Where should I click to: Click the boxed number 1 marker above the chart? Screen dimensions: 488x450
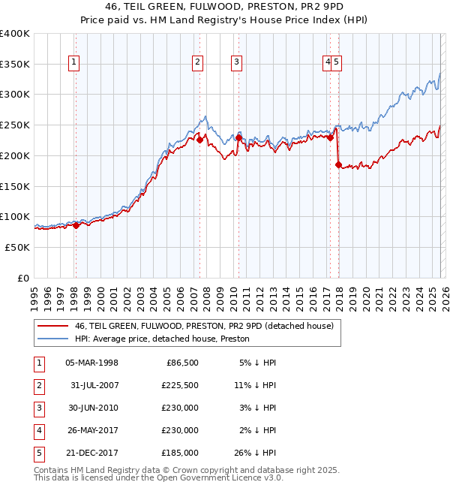click(x=75, y=63)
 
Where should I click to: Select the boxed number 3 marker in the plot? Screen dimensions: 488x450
click(x=236, y=63)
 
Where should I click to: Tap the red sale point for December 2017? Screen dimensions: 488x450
click(x=338, y=164)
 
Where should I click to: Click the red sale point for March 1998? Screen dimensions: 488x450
click(x=76, y=225)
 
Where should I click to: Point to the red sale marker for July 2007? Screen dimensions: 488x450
click(x=200, y=140)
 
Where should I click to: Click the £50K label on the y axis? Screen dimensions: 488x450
click(x=18, y=247)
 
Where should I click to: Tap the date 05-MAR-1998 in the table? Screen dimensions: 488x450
click(x=91, y=363)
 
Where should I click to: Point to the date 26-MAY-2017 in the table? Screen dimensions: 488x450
click(x=91, y=431)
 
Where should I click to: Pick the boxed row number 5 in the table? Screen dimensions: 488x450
click(x=37, y=453)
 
